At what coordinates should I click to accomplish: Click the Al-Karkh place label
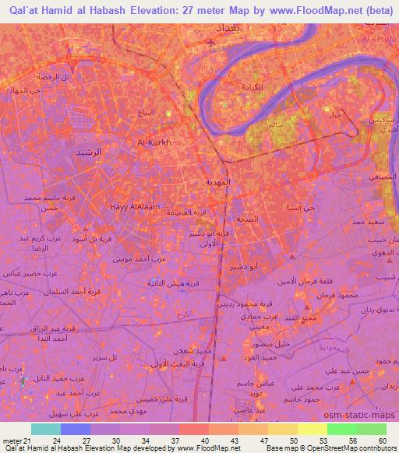154,142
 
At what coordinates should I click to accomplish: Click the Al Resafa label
380,38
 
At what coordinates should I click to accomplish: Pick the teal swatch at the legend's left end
46,429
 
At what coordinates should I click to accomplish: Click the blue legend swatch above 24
76,429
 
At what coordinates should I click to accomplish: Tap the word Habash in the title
107,10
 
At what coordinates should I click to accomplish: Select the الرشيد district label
87,154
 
